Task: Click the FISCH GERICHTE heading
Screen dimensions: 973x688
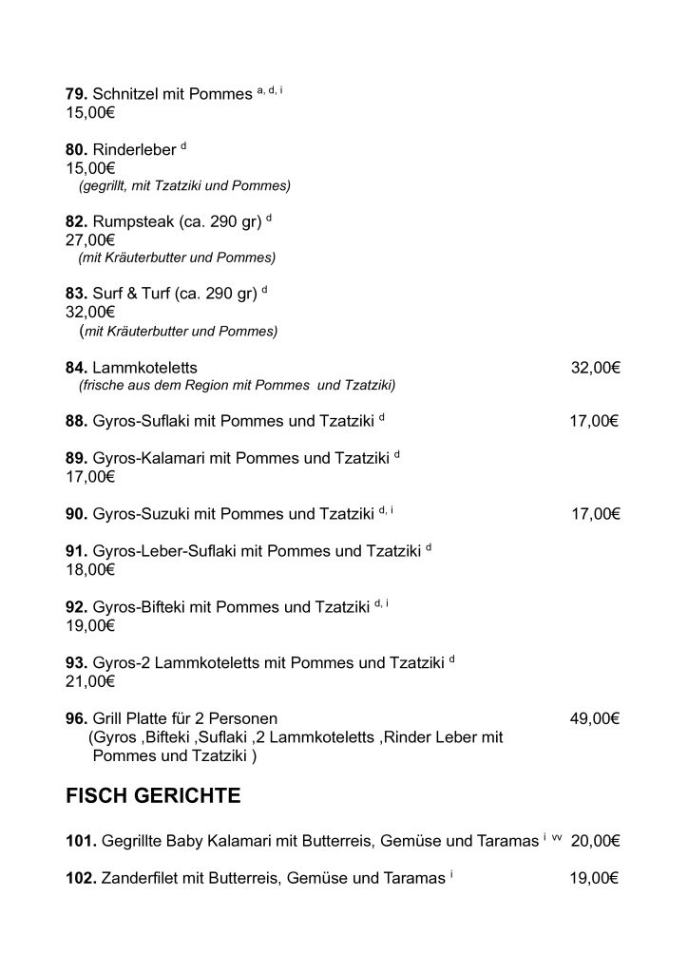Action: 153,796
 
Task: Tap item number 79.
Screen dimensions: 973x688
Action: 76,96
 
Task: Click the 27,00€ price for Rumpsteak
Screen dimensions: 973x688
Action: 90,240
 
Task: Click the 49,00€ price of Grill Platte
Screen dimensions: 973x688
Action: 595,719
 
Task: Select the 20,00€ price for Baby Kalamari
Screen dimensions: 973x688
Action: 595,841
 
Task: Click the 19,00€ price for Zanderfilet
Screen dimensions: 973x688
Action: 595,879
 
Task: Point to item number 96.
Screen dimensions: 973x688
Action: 76,719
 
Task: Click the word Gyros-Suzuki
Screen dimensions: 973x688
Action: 142,514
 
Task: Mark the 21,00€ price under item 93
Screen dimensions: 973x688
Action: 90,681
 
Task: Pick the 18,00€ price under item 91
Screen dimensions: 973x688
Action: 90,570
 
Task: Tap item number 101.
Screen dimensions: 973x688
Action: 80,841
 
